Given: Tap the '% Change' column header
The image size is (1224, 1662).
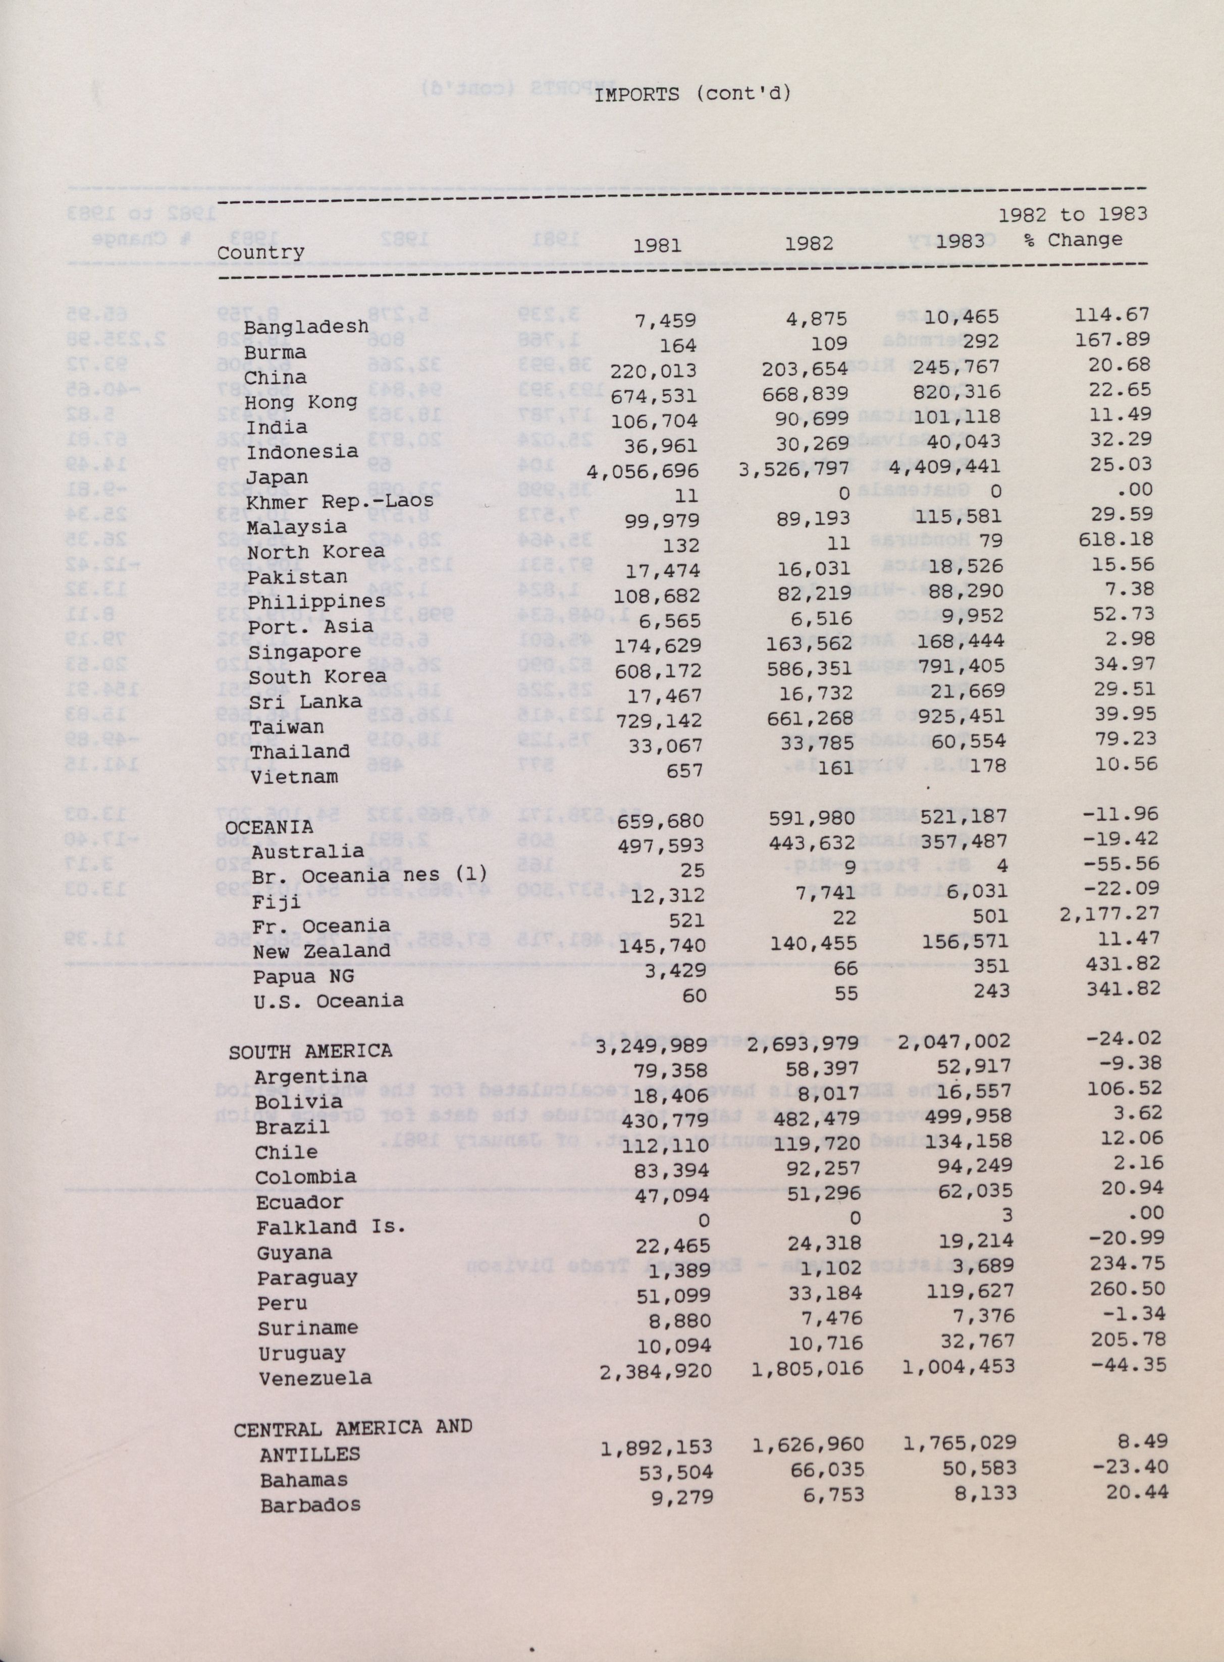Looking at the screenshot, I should (x=1074, y=240).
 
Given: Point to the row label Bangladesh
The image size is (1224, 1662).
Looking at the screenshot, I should (x=306, y=327).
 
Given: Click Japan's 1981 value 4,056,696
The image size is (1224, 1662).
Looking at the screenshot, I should (x=643, y=471).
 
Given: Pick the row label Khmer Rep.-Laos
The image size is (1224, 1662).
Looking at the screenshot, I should (x=340, y=502).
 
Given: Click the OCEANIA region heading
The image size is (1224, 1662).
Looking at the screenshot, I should (x=269, y=826).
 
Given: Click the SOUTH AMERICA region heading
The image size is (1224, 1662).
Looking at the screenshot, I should (x=310, y=1051).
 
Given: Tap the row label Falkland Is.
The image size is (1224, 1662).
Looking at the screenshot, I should (x=331, y=1227).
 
